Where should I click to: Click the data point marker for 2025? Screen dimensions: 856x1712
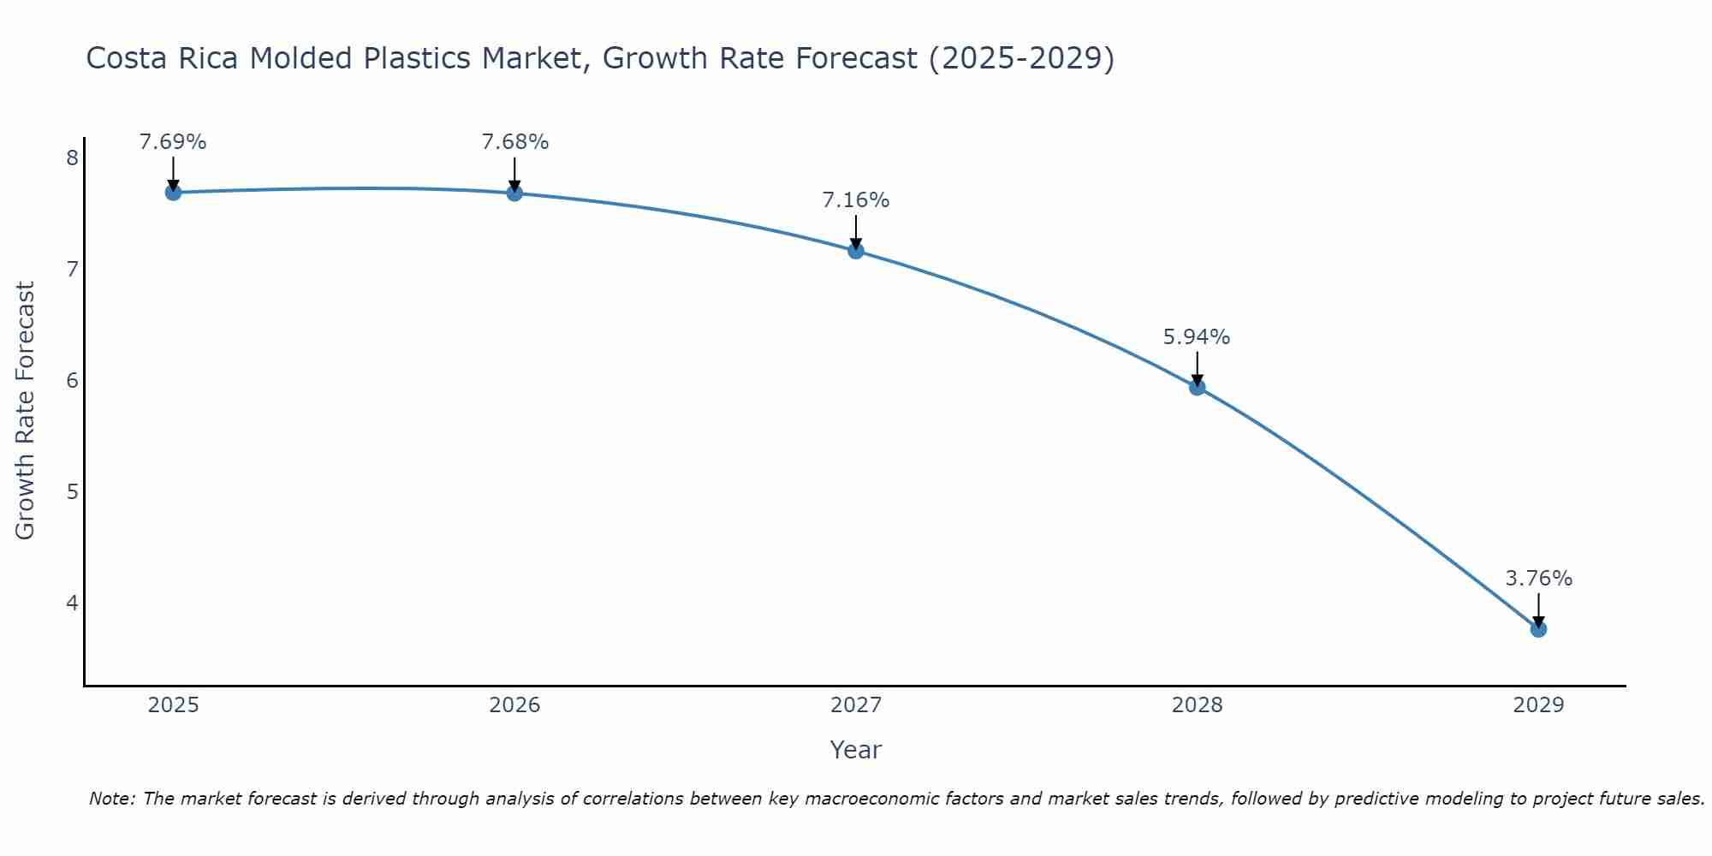point(173,192)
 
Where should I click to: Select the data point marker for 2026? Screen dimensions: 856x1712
point(514,193)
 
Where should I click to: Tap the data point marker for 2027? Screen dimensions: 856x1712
point(856,251)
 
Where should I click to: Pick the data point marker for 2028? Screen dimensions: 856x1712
point(1197,387)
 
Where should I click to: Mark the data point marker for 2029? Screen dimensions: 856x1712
point(1538,629)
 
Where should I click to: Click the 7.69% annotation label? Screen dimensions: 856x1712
point(173,142)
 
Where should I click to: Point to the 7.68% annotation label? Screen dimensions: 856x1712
point(514,142)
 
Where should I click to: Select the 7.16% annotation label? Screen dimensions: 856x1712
point(856,200)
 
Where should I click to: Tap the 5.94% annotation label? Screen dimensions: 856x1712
point(1197,337)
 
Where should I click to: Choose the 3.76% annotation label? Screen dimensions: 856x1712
point(1538,579)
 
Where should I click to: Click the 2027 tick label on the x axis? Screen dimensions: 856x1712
point(856,705)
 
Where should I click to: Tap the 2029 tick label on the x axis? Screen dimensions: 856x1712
point(1538,705)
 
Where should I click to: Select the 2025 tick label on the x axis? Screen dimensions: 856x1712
point(173,705)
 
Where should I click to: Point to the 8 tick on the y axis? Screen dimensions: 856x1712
point(72,158)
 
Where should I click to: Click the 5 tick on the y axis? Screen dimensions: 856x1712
point(72,491)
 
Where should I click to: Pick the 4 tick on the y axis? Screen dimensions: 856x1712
point(72,603)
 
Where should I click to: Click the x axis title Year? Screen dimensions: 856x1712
point(856,750)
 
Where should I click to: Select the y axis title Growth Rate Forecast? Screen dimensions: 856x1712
point(26,411)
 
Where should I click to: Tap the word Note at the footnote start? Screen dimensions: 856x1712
point(111,799)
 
